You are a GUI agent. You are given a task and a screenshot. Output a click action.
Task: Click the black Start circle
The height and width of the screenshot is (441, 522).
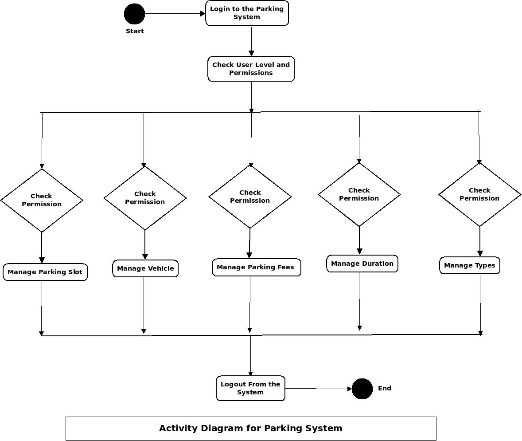[134, 14]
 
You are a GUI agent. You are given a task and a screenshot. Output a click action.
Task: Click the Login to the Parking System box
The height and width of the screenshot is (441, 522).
[247, 13]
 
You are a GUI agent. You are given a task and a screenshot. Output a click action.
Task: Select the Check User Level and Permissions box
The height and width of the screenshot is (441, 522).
[251, 69]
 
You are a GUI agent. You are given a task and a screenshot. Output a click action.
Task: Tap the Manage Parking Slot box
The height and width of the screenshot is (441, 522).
[45, 272]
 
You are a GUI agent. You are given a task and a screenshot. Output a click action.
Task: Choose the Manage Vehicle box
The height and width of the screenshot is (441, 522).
[145, 268]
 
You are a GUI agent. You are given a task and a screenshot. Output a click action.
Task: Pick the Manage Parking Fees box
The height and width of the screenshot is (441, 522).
[256, 267]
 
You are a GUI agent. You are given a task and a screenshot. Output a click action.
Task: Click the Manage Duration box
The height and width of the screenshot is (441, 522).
[362, 264]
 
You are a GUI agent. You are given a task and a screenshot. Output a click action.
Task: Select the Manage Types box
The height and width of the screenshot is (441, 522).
[469, 265]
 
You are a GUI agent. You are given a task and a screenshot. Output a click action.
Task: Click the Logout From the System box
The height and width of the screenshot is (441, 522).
[250, 388]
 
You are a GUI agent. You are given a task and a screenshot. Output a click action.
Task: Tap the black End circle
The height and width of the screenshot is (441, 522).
[362, 389]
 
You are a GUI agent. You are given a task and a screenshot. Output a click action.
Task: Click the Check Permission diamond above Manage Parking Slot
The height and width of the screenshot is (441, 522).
[42, 200]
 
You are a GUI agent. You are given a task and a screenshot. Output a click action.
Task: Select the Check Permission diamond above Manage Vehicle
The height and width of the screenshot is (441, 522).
[145, 198]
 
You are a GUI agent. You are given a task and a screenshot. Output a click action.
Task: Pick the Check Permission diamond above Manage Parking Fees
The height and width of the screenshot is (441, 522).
[250, 197]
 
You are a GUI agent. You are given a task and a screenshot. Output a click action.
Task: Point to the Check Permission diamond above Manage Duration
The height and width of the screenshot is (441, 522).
[359, 194]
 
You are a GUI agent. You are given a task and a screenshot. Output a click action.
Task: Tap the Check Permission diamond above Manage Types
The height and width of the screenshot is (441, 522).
[479, 194]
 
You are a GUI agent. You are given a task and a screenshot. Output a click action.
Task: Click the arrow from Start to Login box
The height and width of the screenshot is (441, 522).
[175, 14]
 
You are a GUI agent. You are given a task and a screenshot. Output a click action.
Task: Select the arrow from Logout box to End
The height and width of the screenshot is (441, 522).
[318, 389]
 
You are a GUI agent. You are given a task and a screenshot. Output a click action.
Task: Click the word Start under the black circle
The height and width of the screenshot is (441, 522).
[135, 31]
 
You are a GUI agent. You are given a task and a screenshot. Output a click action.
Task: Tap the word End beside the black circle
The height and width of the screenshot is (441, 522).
[384, 388]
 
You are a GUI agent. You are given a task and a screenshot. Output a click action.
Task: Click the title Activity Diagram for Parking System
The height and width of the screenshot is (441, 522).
[251, 428]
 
